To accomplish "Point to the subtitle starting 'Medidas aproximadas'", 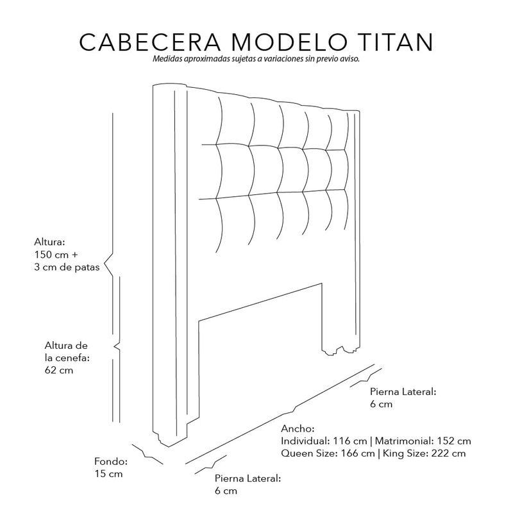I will point(256,58).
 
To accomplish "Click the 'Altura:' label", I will point(51,243).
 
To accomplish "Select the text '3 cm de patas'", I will point(67,268).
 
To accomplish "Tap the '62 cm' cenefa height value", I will point(59,371).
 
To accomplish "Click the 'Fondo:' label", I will point(111,461).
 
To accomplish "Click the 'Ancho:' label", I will point(298,428).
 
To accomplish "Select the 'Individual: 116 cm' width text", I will point(324,441).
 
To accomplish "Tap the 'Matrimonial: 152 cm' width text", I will point(423,441).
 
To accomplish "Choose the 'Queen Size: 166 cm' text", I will point(328,453).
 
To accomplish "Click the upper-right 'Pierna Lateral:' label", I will point(403,391).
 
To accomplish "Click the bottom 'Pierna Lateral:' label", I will point(248,478).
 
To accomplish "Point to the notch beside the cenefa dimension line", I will point(116,347).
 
